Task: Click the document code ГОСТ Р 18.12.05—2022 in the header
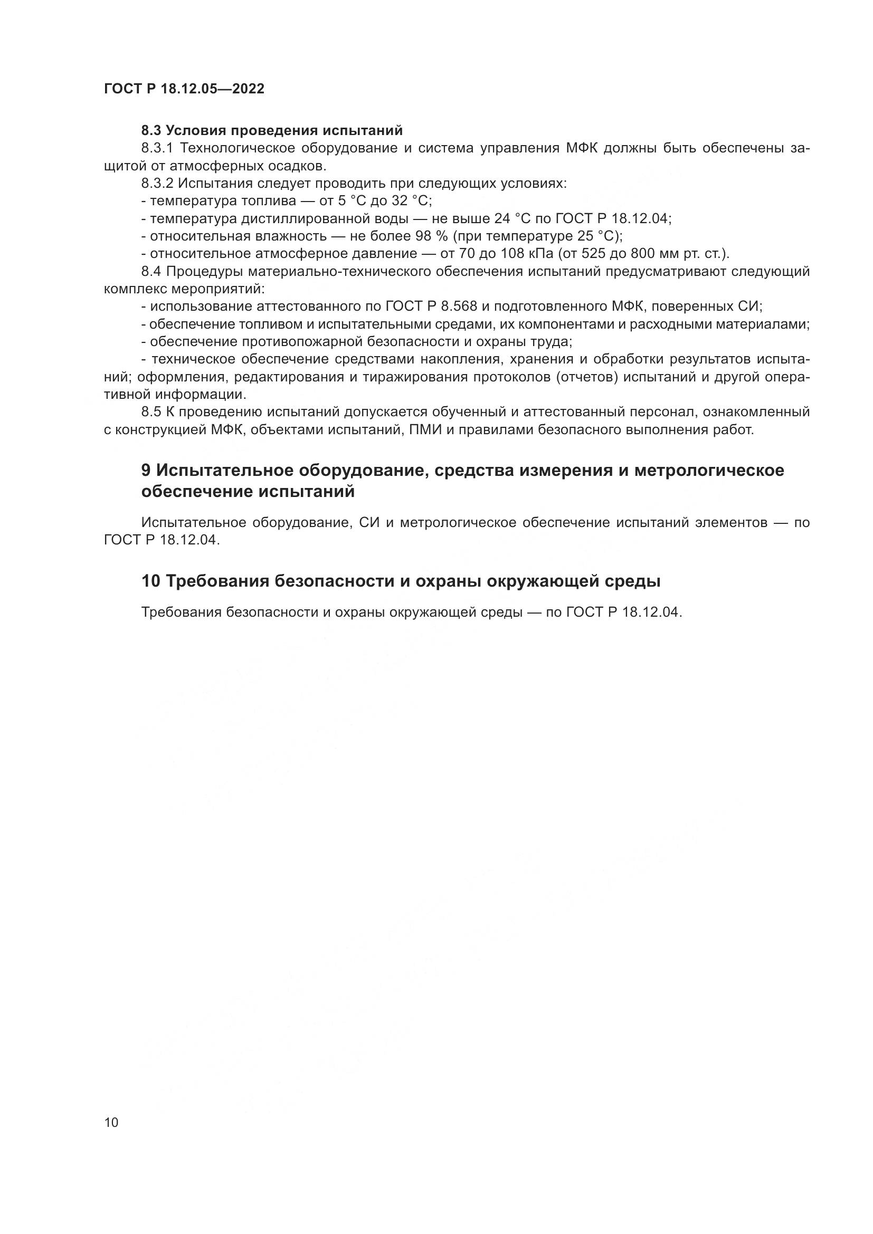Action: click(184, 89)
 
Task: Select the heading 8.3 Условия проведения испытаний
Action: click(271, 131)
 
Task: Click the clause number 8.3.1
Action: click(159, 148)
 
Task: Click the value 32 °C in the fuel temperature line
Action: click(415, 201)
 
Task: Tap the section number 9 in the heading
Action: click(146, 470)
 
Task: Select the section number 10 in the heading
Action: click(151, 581)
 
